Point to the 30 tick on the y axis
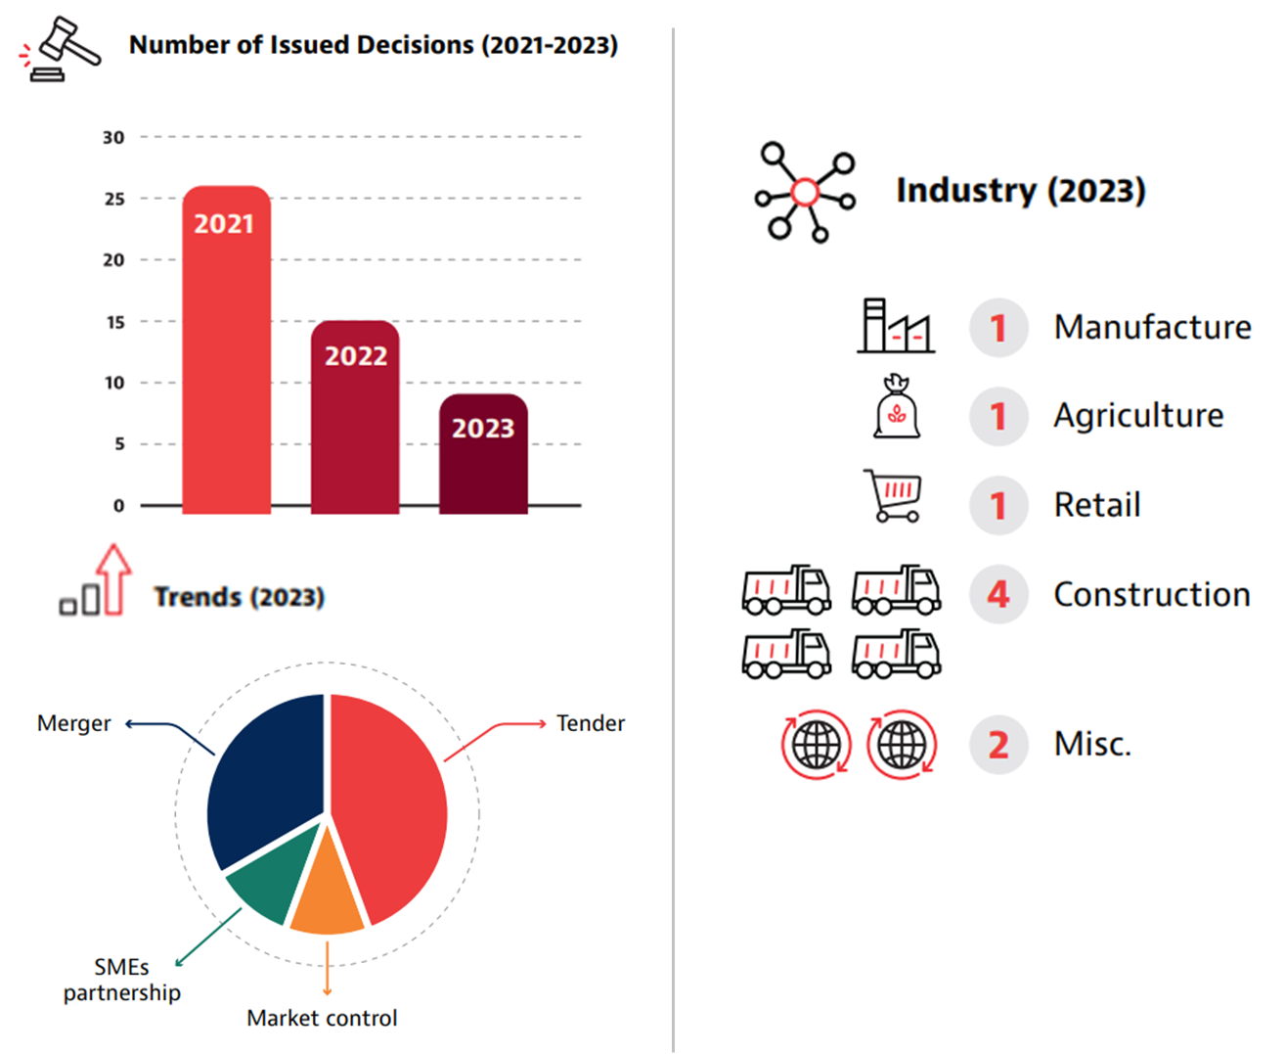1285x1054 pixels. pyautogui.click(x=113, y=138)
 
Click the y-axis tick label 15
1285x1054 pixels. pyautogui.click(x=115, y=322)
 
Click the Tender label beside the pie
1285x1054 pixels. pyautogui.click(x=590, y=723)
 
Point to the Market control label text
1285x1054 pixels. pyautogui.click(x=322, y=1018)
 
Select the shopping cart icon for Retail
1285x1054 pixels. pyautogui.click(x=894, y=495)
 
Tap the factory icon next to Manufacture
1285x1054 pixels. pyautogui.click(x=895, y=326)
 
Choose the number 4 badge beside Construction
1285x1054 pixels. pyautogui.click(x=997, y=594)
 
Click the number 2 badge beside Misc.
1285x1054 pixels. pyautogui.click(x=997, y=745)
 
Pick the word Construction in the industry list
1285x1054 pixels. pyautogui.click(x=1151, y=594)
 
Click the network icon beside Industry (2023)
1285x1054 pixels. pyautogui.click(x=805, y=192)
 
